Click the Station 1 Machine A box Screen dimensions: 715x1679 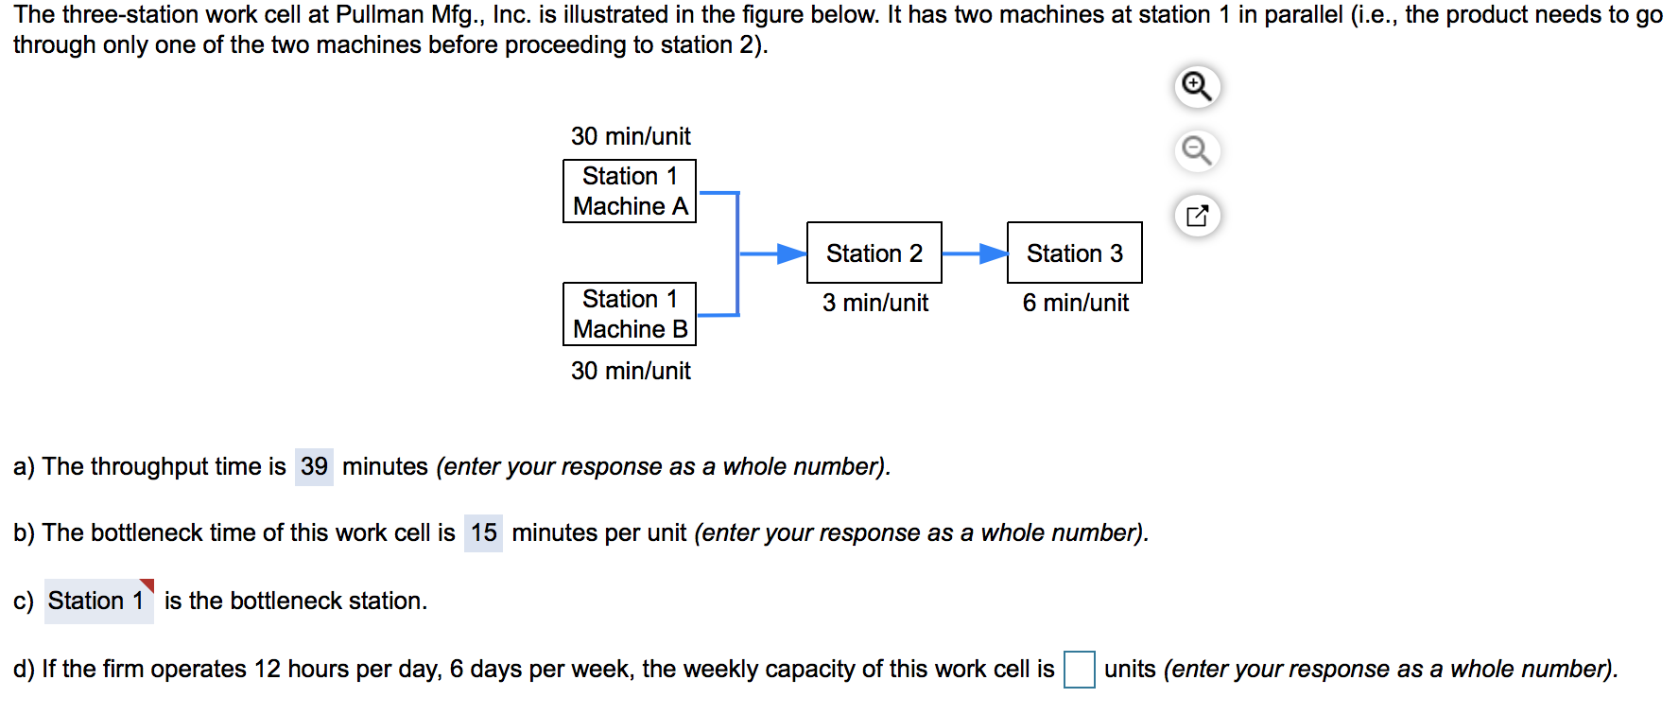click(630, 191)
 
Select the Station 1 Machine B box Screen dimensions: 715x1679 click(630, 314)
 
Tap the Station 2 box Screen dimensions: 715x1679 click(874, 253)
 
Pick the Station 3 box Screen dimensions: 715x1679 click(1074, 253)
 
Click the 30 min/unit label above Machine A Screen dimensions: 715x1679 click(631, 136)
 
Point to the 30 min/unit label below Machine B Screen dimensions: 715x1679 click(631, 371)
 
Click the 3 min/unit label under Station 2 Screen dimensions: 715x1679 click(874, 303)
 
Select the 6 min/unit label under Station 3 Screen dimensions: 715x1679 click(1075, 303)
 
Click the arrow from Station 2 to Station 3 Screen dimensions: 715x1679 click(974, 253)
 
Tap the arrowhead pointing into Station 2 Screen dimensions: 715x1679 click(791, 253)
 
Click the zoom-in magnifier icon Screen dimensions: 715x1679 click(1197, 87)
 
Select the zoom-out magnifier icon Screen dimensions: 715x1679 click(1197, 151)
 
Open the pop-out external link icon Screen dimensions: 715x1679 click(1197, 216)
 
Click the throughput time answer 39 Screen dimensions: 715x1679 click(314, 466)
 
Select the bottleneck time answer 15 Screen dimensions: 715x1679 click(483, 532)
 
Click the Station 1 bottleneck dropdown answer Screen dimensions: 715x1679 click(97, 601)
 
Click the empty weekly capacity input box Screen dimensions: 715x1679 click(1079, 670)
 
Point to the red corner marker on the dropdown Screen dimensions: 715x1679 click(147, 584)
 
